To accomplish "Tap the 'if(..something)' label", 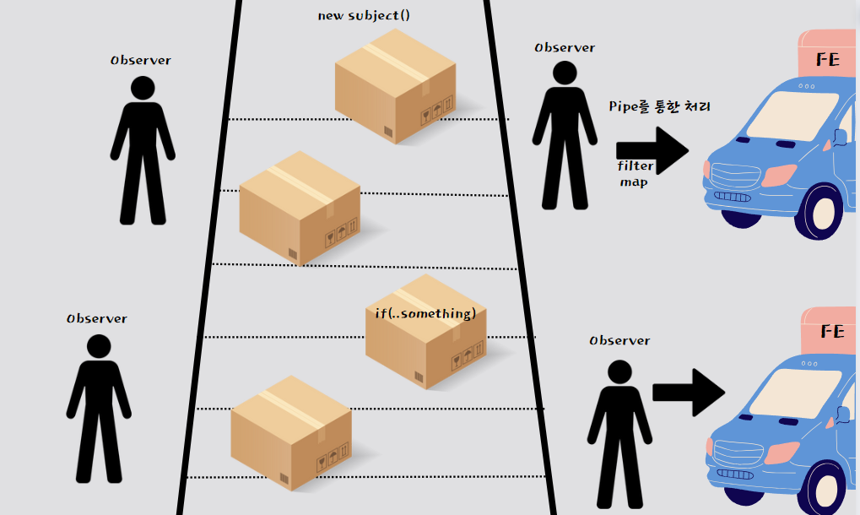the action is (x=425, y=314).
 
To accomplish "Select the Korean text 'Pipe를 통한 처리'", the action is (x=660, y=107).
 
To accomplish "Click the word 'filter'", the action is (x=636, y=166).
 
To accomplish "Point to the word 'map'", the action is (x=634, y=182).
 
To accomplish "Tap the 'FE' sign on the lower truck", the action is (x=831, y=332).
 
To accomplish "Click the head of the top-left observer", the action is (x=142, y=88).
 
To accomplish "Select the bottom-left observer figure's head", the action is (x=99, y=346).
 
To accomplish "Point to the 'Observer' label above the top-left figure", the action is (x=141, y=61).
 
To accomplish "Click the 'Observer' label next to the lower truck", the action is (x=619, y=340).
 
